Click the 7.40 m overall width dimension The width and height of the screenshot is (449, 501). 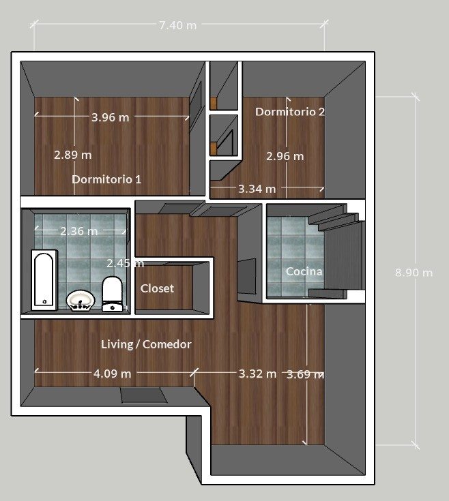(178, 25)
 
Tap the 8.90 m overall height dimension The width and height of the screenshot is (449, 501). (414, 273)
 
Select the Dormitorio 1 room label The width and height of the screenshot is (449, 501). (106, 179)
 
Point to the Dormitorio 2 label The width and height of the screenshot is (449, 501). (290, 112)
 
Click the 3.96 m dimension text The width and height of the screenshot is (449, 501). (111, 117)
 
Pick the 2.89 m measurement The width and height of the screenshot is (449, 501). (72, 155)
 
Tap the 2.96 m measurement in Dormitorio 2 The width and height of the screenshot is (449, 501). (285, 156)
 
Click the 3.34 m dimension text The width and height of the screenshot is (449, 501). (257, 189)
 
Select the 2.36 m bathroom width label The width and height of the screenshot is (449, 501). (78, 231)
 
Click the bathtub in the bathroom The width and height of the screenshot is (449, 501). (44, 280)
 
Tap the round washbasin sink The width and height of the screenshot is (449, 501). (81, 301)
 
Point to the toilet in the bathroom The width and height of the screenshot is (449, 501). (112, 294)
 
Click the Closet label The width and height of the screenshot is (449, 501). (157, 288)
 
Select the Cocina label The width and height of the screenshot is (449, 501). (304, 271)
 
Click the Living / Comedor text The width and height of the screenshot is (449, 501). (146, 344)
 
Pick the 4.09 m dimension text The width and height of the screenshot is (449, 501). (112, 374)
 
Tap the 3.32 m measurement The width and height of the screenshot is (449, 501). (257, 374)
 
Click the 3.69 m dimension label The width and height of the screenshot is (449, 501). (305, 374)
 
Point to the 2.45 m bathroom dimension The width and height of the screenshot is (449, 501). (125, 263)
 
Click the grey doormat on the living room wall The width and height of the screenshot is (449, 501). (143, 395)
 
